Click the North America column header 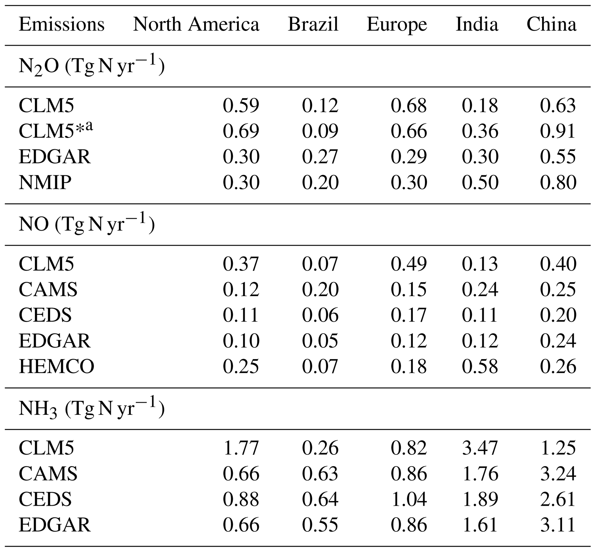[x=196, y=24]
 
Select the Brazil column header [x=313, y=24]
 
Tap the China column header [x=551, y=24]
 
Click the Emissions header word [x=61, y=24]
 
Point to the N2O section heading [x=91, y=66]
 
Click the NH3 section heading [x=91, y=408]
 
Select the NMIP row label [x=45, y=182]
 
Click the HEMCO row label [x=57, y=366]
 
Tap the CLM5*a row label [x=56, y=131]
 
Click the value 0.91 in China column [x=558, y=131]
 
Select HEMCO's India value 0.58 [x=480, y=366]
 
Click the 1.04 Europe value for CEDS [x=409, y=499]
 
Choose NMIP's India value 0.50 [x=480, y=182]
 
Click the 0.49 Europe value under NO [x=409, y=264]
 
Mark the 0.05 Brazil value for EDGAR [x=320, y=341]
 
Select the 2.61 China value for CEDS [x=558, y=499]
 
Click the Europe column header [x=396, y=24]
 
